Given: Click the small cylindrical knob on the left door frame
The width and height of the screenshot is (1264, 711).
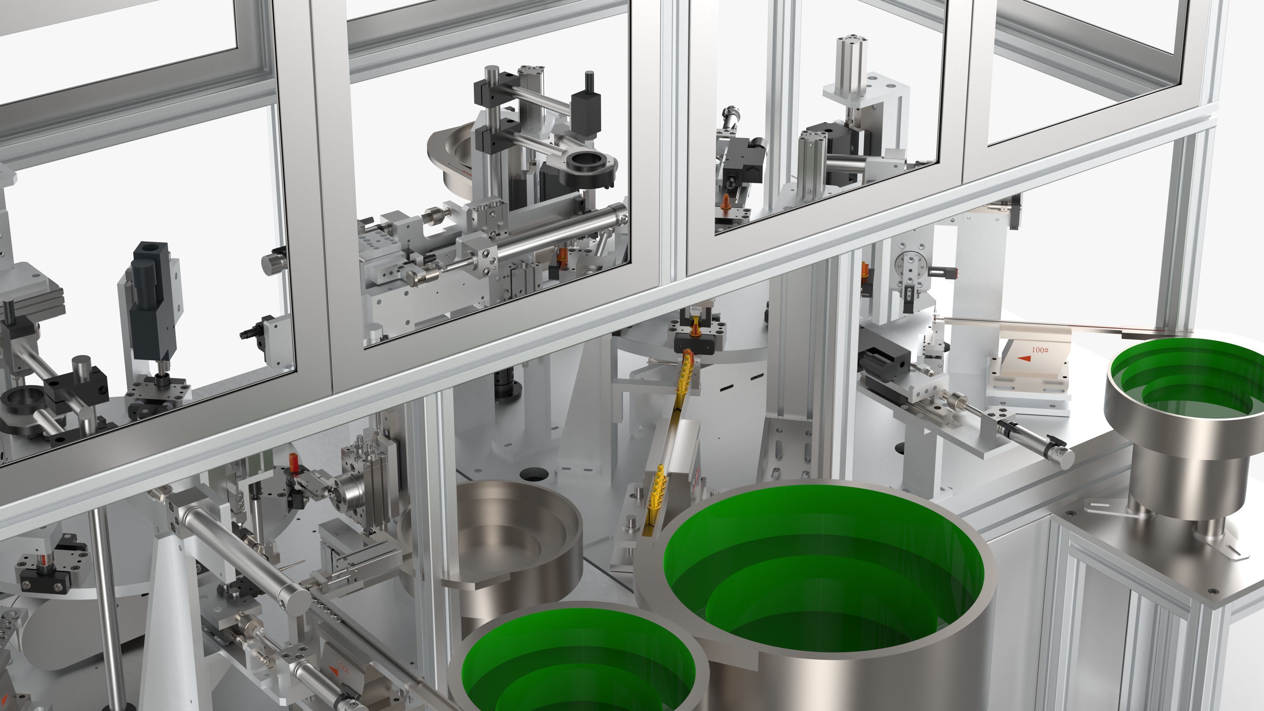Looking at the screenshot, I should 274,263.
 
